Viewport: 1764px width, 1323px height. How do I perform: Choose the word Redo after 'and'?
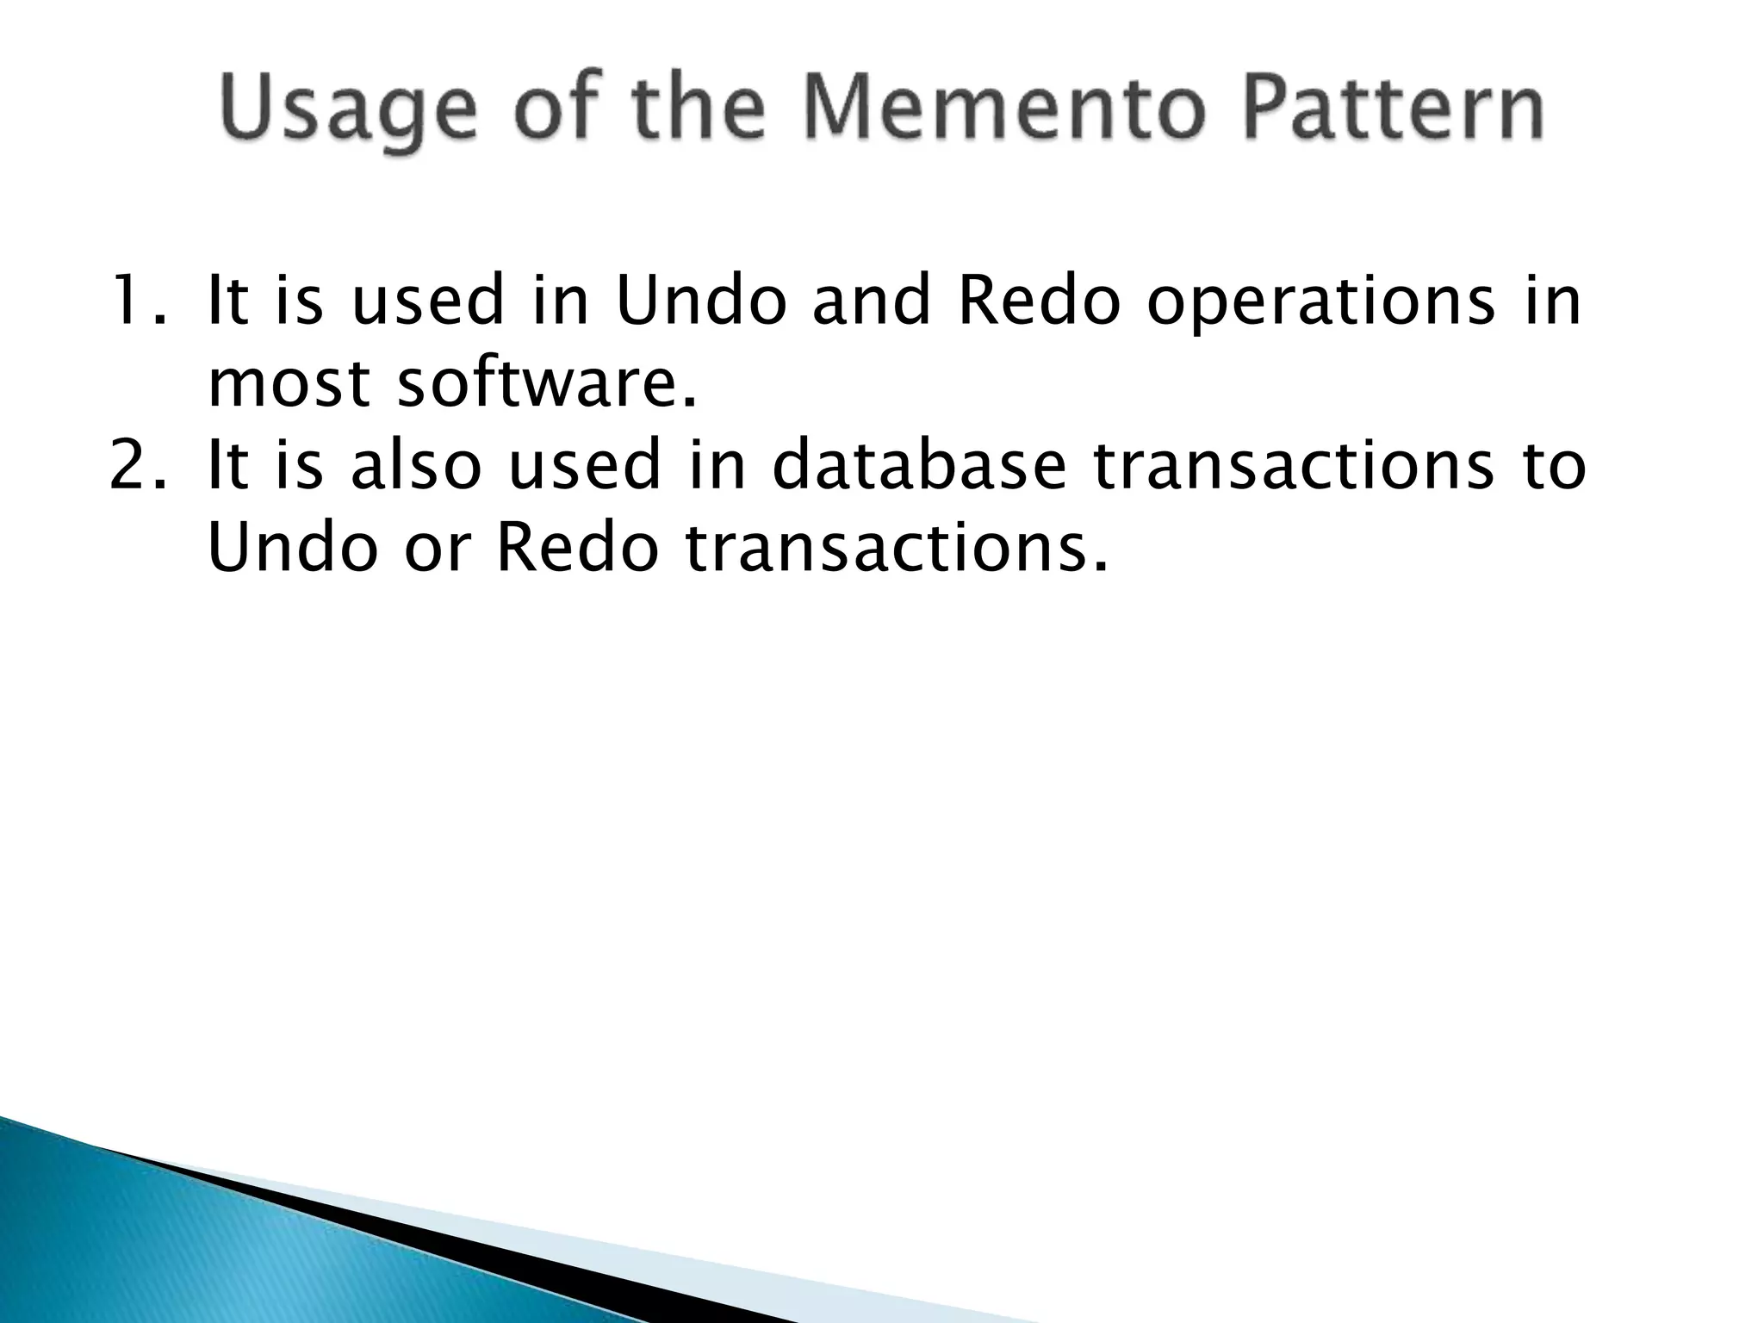click(1039, 301)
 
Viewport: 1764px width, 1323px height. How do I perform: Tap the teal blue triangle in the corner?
click(172, 1249)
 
